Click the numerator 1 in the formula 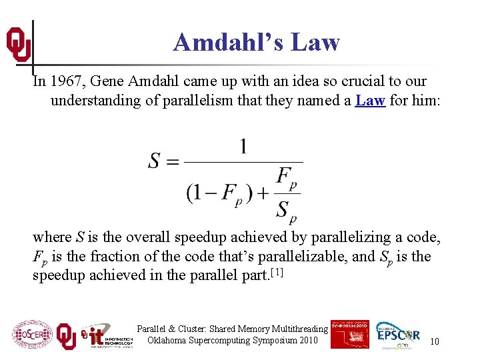[243, 146]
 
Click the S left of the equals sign [155, 161]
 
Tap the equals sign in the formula [173, 162]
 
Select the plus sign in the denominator [263, 193]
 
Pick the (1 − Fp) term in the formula [219, 193]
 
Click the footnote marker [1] [275, 273]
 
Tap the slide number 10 [434, 341]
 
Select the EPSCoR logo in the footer [399, 335]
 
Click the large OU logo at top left [18, 44]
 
